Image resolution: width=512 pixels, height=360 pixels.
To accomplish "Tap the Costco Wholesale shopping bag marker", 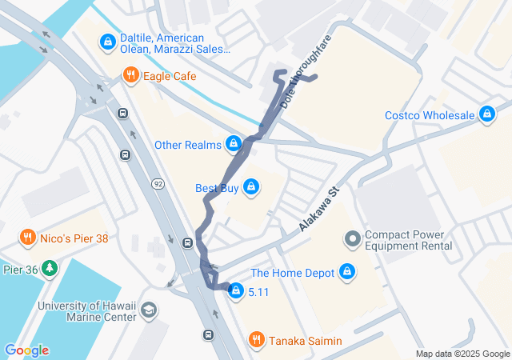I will [486, 115].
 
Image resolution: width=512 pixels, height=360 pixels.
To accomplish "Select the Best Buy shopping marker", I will [251, 188].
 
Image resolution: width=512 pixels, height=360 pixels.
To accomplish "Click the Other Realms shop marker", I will [233, 145].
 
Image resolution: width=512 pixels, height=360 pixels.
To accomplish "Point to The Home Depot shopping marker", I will [346, 273].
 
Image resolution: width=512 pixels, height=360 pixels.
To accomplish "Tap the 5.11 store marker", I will [235, 292].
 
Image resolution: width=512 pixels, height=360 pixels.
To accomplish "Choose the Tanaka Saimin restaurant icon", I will [256, 341].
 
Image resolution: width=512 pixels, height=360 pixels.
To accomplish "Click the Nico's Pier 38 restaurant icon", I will [27, 238].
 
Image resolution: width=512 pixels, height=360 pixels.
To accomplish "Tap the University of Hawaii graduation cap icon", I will [149, 310].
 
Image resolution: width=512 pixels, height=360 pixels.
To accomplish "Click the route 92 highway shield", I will [158, 185].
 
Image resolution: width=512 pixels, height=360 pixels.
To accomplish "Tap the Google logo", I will [26, 350].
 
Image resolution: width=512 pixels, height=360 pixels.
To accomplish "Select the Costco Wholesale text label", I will [429, 115].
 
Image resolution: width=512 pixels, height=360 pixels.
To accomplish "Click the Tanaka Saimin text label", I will [306, 342].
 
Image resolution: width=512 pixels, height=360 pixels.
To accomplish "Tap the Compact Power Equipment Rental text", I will [409, 240].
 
